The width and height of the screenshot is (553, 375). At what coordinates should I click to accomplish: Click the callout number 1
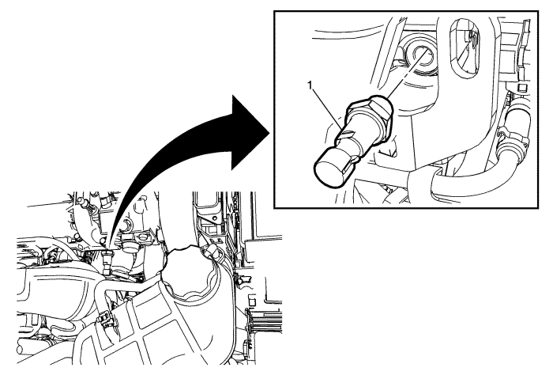pyautogui.click(x=310, y=85)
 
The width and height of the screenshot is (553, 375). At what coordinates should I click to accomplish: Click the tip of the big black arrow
pyautogui.click(x=269, y=133)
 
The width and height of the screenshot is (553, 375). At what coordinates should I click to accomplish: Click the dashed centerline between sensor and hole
pyautogui.click(x=404, y=74)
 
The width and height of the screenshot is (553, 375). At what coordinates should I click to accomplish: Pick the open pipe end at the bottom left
pyautogui.click(x=21, y=347)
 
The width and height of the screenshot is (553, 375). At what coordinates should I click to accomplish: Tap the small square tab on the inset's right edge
pyautogui.click(x=520, y=87)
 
